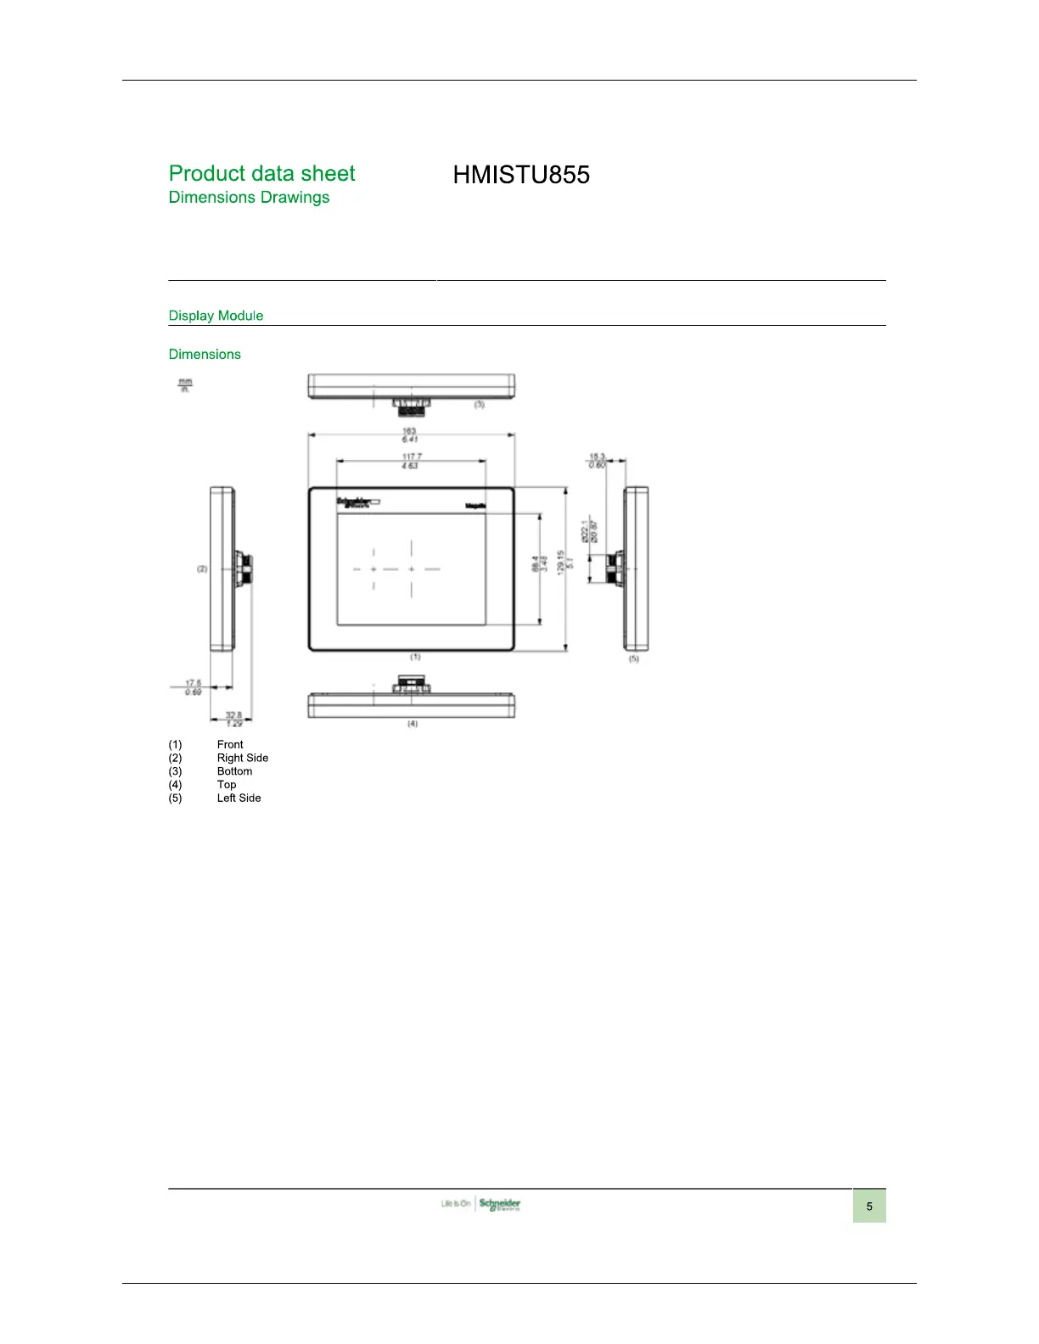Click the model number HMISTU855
point(521,175)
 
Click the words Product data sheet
point(261,173)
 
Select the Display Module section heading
point(216,316)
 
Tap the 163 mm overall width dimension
point(409,432)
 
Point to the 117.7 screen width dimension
point(411,456)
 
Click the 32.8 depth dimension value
point(233,715)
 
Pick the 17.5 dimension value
point(194,683)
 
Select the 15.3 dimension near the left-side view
point(598,457)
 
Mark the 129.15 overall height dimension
point(560,563)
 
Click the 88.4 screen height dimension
point(535,563)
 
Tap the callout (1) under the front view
point(415,657)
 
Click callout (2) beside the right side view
point(202,568)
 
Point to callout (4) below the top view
point(412,724)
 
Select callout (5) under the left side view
point(633,658)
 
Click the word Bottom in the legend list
point(234,771)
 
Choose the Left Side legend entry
point(239,798)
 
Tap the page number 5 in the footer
point(869,1206)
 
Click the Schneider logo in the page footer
point(499,1204)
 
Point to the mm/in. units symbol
point(184,385)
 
